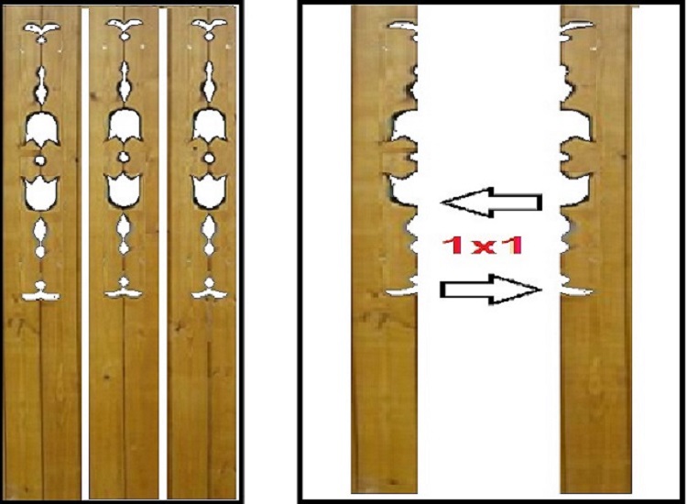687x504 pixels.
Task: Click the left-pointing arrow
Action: [x=491, y=202]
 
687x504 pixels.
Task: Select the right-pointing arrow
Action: [x=491, y=290]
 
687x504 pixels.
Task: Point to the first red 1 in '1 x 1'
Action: [x=454, y=246]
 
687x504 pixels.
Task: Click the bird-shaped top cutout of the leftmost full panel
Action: [x=41, y=30]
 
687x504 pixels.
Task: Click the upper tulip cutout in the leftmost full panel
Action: [x=41, y=127]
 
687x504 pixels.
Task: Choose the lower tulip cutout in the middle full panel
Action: [x=125, y=190]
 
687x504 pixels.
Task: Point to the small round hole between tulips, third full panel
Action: [x=209, y=158]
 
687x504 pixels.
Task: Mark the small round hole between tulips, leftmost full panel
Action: [x=40, y=160]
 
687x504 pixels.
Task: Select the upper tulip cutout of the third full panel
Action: [x=210, y=125]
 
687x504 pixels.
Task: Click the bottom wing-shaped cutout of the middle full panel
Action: [x=125, y=289]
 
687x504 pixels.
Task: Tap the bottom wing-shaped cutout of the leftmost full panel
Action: [x=40, y=292]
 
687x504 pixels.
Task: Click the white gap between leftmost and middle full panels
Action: [x=85, y=253]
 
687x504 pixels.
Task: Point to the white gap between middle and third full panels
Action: [x=163, y=253]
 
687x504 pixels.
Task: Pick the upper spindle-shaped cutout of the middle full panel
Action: [x=125, y=81]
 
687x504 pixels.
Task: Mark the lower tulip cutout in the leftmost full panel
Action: [x=40, y=192]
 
